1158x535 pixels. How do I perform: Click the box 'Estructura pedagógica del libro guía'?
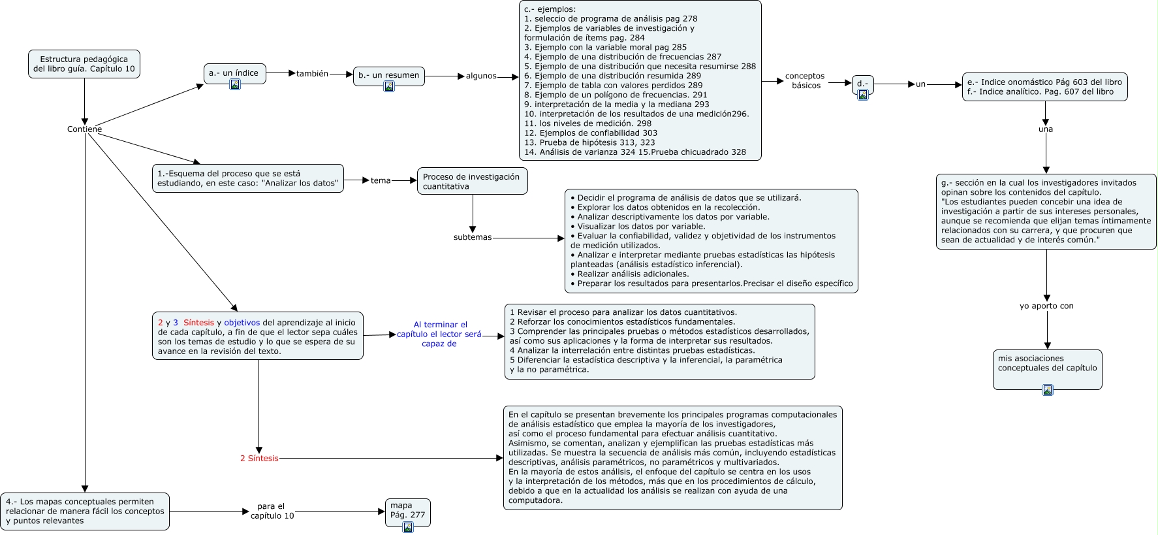[84, 64]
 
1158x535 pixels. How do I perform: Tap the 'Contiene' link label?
[84, 129]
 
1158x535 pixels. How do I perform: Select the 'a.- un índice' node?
[234, 73]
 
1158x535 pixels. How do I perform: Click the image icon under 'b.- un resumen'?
[389, 86]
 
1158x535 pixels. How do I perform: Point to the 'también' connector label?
[312, 74]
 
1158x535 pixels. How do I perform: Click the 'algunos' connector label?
[481, 76]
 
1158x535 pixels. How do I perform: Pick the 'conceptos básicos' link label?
[805, 81]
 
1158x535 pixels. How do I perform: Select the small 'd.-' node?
[862, 84]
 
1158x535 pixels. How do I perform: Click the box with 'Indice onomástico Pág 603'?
[1044, 87]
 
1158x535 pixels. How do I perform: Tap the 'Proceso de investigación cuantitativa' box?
[472, 182]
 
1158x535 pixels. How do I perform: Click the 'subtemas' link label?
[473, 237]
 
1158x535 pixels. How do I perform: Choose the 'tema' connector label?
[381, 180]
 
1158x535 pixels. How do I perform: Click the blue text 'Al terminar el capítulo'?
[439, 334]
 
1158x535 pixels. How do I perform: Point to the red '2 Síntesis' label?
[259, 459]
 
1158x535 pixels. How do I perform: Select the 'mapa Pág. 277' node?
[407, 510]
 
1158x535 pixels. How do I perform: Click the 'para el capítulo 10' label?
[272, 511]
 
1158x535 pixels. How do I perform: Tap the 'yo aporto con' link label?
[1046, 306]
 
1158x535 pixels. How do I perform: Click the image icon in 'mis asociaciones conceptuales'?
[1047, 390]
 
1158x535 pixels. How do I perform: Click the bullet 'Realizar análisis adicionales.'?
[633, 274]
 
